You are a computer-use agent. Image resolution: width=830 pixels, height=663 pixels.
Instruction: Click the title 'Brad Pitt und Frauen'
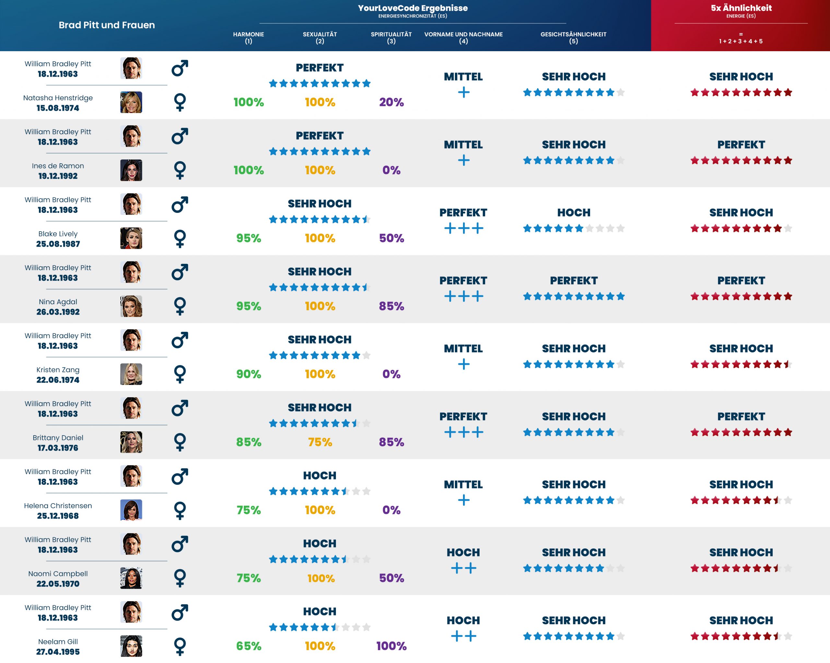[107, 25]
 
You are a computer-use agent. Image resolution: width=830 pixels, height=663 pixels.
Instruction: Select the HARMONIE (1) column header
[248, 37]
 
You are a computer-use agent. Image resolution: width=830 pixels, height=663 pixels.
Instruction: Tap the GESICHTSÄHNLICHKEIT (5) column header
[573, 37]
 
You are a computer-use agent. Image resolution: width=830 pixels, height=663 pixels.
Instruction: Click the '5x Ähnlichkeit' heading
[741, 8]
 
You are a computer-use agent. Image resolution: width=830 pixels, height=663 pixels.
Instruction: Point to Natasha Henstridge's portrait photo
[131, 102]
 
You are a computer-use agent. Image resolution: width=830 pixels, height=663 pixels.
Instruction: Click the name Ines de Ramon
[58, 166]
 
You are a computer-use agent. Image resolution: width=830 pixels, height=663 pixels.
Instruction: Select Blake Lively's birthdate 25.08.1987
[58, 244]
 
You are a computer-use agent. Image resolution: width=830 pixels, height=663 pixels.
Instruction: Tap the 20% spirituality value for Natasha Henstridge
[391, 102]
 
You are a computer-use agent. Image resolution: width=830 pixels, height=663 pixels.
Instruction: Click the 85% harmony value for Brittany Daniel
[248, 442]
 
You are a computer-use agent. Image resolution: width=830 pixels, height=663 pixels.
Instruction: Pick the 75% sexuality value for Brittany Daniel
[320, 442]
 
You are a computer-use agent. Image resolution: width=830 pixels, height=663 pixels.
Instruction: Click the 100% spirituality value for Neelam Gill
[391, 646]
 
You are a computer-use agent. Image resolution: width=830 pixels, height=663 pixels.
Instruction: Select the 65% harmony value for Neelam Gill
[248, 646]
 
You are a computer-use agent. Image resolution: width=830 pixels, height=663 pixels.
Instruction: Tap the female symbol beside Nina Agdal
[180, 306]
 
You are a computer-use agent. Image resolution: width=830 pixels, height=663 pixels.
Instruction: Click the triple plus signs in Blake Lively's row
[464, 228]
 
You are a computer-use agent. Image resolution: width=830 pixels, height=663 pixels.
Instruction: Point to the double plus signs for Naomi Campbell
[464, 568]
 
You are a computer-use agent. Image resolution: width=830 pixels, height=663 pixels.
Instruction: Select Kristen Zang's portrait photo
[131, 374]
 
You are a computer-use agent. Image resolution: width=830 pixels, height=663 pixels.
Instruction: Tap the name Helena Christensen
[58, 506]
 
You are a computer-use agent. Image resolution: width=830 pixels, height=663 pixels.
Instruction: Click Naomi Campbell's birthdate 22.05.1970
[58, 584]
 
